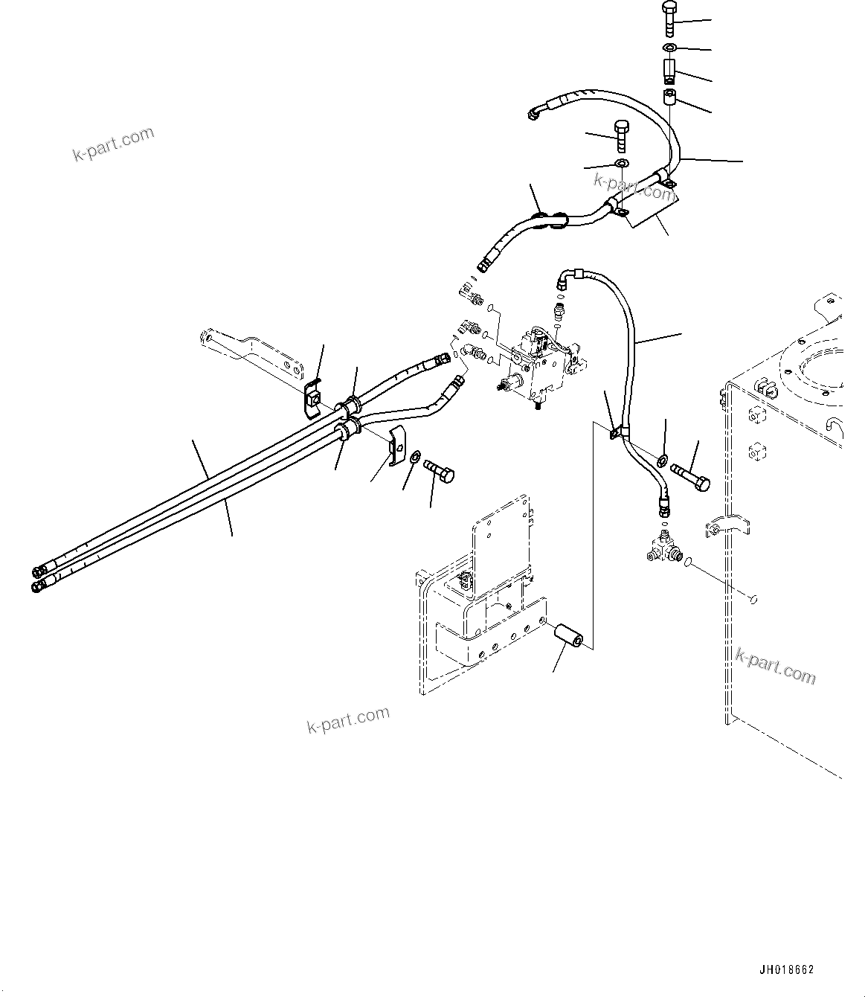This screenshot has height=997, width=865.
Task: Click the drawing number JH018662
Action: click(x=786, y=969)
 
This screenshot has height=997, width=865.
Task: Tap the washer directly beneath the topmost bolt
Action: click(x=668, y=48)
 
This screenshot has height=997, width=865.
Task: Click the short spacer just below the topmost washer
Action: click(x=668, y=71)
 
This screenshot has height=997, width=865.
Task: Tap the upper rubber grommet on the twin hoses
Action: click(x=350, y=407)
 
